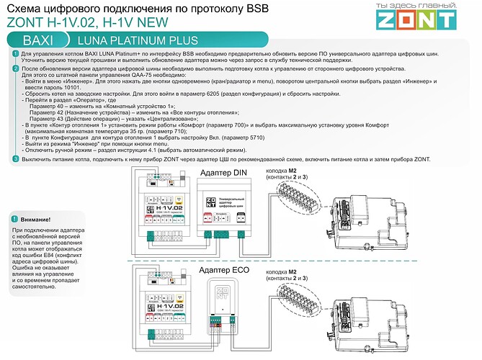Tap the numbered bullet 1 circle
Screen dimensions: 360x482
[16, 55]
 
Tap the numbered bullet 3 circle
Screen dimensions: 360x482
[16, 158]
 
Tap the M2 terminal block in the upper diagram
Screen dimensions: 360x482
[295, 194]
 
